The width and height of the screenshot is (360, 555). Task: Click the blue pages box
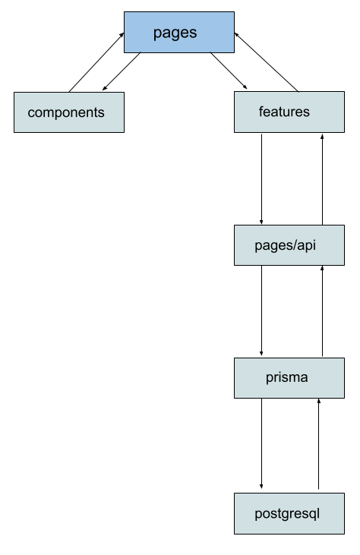pyautogui.click(x=179, y=32)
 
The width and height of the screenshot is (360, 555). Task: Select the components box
pyautogui.click(x=69, y=112)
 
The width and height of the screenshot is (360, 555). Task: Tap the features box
pyautogui.click(x=289, y=112)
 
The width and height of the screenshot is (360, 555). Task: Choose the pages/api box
pyautogui.click(x=289, y=245)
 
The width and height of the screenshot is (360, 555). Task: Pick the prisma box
pyautogui.click(x=289, y=378)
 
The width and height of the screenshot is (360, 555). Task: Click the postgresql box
pyautogui.click(x=289, y=513)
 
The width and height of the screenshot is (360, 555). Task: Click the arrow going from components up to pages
pyautogui.click(x=96, y=62)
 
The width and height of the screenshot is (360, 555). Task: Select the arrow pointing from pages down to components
pyautogui.click(x=122, y=71)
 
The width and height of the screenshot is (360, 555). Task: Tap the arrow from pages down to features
pyautogui.click(x=229, y=71)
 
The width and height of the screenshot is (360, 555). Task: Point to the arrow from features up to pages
pyautogui.click(x=266, y=62)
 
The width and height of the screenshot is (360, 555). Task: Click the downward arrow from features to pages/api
pyautogui.click(x=261, y=179)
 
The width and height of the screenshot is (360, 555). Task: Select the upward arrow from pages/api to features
pyautogui.click(x=322, y=179)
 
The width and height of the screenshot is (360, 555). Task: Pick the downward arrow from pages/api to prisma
pyautogui.click(x=261, y=311)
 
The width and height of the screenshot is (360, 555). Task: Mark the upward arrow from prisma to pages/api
pyautogui.click(x=322, y=311)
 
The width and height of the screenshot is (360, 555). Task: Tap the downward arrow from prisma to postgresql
pyautogui.click(x=261, y=443)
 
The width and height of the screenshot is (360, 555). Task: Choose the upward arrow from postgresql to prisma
pyautogui.click(x=318, y=444)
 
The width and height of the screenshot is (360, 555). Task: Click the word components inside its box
pyautogui.click(x=66, y=113)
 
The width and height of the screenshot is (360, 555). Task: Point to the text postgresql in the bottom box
pyautogui.click(x=287, y=514)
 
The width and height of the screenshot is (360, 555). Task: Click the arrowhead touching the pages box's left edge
pyautogui.click(x=122, y=35)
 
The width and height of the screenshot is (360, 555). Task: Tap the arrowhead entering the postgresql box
pyautogui.click(x=261, y=487)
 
